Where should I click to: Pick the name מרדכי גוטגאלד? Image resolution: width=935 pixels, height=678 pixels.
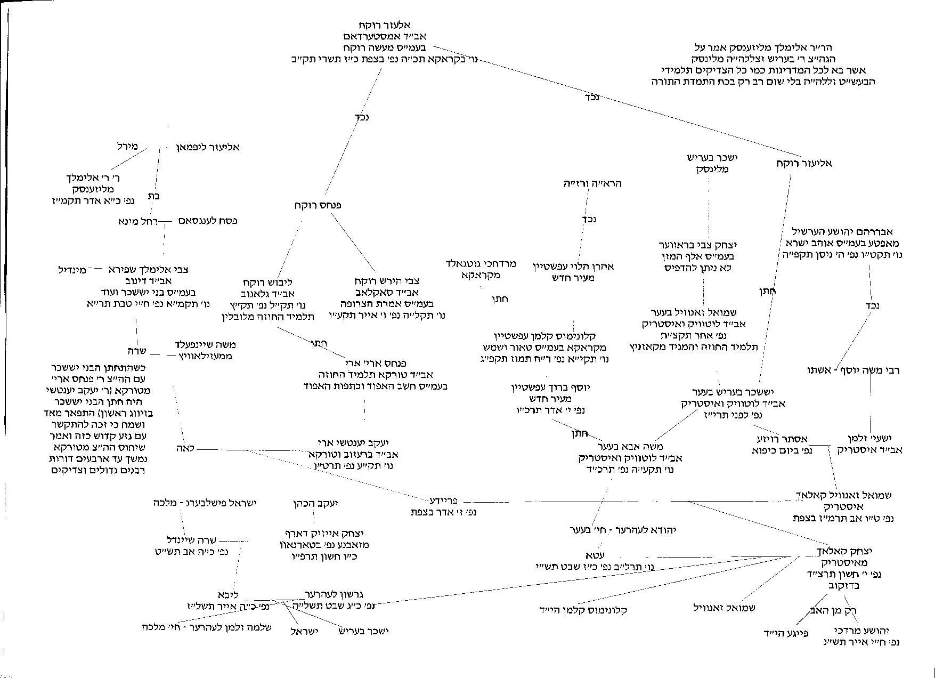tap(481, 264)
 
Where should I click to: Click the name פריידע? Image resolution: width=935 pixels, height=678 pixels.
tap(443, 501)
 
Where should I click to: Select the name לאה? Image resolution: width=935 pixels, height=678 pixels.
tap(183, 448)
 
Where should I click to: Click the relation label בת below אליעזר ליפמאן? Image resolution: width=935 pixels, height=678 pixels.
tap(154, 196)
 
